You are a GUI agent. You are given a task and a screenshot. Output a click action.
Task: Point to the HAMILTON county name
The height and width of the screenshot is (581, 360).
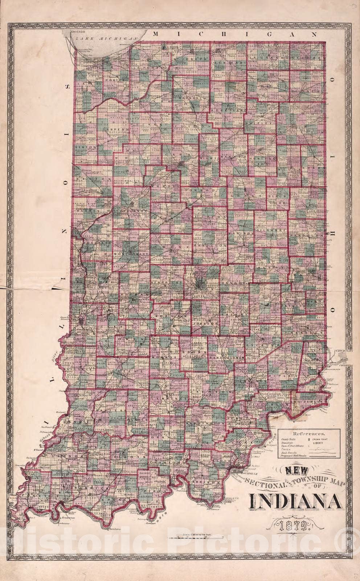(209, 246)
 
